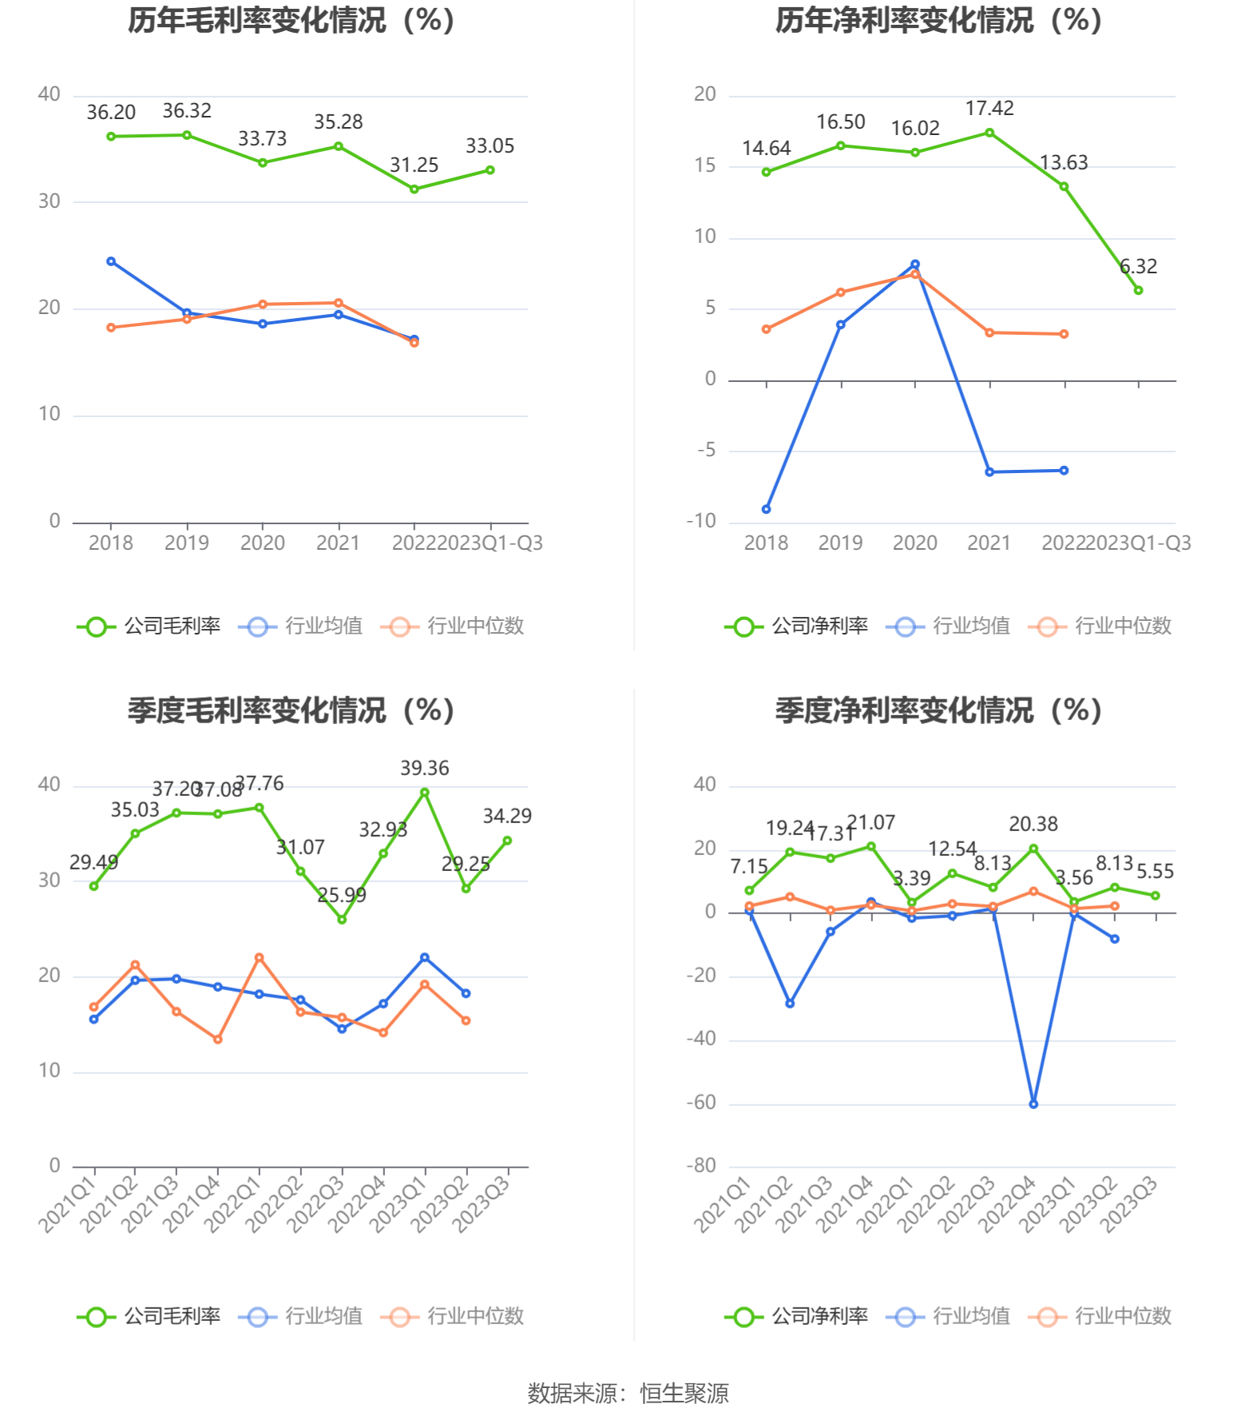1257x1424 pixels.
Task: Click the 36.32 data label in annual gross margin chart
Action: (187, 111)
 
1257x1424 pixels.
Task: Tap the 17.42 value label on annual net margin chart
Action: (989, 108)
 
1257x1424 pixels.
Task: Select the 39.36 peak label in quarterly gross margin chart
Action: (424, 768)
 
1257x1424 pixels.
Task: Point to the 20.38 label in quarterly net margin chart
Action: (1033, 824)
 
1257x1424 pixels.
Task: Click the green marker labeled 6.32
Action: (1138, 290)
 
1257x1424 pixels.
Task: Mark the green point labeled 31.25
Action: (414, 189)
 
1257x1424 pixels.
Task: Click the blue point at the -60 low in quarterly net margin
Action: (1033, 1104)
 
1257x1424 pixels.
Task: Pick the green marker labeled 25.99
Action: (342, 920)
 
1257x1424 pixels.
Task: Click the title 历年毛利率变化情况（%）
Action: (291, 20)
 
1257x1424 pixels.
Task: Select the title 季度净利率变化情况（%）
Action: (939, 710)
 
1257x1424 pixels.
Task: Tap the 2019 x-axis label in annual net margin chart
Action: (840, 543)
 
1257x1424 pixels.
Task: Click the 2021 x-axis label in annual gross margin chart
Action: (338, 543)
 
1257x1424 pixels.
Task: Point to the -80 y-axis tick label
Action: (701, 1166)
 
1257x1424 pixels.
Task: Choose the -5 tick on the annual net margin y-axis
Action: (707, 451)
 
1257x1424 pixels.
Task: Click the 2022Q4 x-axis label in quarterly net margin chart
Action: (1007, 1203)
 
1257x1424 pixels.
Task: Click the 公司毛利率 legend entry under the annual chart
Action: (149, 626)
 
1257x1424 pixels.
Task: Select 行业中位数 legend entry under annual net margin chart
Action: (1100, 626)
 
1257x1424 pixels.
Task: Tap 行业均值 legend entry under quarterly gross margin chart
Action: (301, 1316)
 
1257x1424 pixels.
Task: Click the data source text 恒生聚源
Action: (684, 1394)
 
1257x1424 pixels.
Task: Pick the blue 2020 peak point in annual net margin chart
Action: (914, 265)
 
